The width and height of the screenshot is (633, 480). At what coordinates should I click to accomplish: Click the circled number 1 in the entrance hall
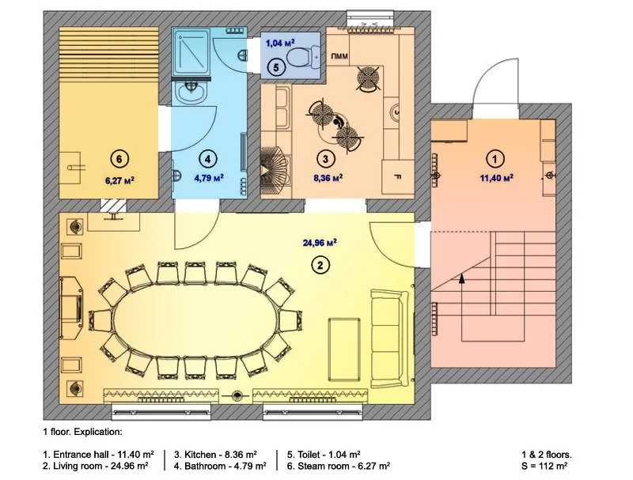tap(495, 159)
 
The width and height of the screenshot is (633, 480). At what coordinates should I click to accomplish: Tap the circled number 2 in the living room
tap(320, 265)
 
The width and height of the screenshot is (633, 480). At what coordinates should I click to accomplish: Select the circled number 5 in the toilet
tap(275, 67)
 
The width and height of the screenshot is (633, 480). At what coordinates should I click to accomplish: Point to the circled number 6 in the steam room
tap(119, 159)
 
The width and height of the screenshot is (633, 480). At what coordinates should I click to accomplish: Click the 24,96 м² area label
tap(320, 243)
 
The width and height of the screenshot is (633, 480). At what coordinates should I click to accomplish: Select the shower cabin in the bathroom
tap(191, 51)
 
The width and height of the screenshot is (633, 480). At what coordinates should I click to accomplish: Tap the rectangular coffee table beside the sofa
tap(345, 349)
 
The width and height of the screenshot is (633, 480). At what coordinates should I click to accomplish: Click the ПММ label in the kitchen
tap(339, 56)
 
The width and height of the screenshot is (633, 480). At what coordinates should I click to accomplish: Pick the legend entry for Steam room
tap(339, 467)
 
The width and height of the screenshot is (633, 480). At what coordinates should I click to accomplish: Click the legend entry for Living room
tap(95, 467)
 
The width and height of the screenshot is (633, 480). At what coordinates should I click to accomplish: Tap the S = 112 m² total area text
tap(544, 467)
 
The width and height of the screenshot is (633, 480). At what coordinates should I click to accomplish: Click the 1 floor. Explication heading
tap(82, 432)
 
